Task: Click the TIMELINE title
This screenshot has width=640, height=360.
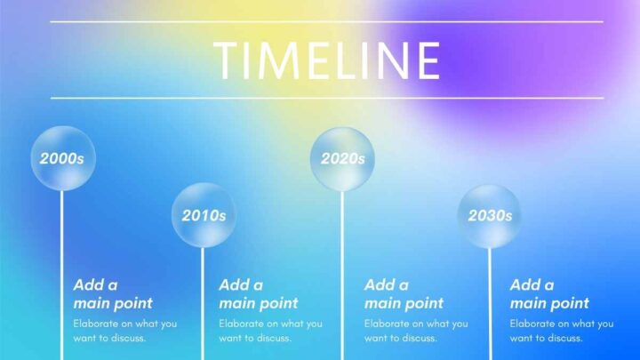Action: (326, 60)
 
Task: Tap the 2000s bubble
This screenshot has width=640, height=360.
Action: (63, 158)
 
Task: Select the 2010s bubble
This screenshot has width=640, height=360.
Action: (204, 215)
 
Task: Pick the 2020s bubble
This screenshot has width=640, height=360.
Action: (342, 159)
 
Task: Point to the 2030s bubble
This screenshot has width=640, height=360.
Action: (490, 216)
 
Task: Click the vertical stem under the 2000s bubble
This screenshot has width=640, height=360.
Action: (62, 275)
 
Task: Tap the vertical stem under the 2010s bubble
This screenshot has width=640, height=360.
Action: (203, 304)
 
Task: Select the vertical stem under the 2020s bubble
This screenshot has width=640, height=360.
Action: (342, 276)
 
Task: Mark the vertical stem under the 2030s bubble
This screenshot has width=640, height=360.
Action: (490, 304)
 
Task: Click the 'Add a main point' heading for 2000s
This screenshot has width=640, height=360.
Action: (113, 294)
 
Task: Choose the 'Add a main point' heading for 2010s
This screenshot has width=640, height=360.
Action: (259, 294)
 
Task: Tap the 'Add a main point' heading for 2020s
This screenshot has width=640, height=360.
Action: (404, 294)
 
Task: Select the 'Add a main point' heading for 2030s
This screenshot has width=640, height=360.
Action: (549, 294)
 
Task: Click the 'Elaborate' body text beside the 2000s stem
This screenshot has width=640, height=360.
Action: (125, 331)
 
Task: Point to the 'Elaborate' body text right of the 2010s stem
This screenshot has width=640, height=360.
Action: (270, 331)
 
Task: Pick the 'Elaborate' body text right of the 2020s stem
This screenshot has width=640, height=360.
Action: (416, 331)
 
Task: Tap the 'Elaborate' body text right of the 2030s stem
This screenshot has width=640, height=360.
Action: (561, 331)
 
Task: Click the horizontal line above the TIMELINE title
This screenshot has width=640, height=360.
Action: (326, 21)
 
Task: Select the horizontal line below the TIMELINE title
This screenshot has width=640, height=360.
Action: (326, 98)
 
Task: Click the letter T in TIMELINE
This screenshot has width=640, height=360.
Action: (228, 60)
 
